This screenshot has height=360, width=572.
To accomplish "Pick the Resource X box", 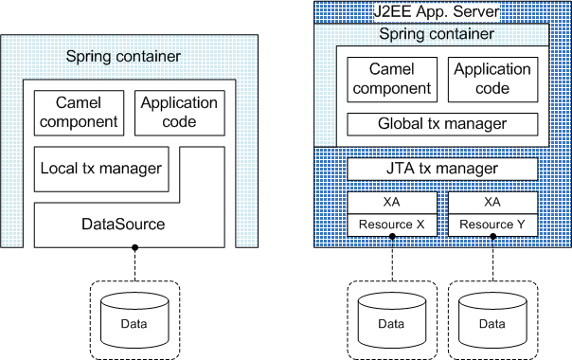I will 393,225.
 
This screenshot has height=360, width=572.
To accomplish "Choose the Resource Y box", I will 492,225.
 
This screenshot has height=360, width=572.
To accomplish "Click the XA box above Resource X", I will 393,203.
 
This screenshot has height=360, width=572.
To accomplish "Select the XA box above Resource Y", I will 492,203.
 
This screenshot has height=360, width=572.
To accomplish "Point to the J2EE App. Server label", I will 442,13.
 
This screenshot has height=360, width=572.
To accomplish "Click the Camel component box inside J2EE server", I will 392,80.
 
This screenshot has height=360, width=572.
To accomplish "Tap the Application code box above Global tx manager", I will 492,80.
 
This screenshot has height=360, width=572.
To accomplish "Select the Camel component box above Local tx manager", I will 79,111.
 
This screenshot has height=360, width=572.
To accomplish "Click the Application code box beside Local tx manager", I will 179,111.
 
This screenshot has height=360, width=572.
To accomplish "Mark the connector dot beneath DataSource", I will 134,248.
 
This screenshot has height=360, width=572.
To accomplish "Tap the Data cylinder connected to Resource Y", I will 492,322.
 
